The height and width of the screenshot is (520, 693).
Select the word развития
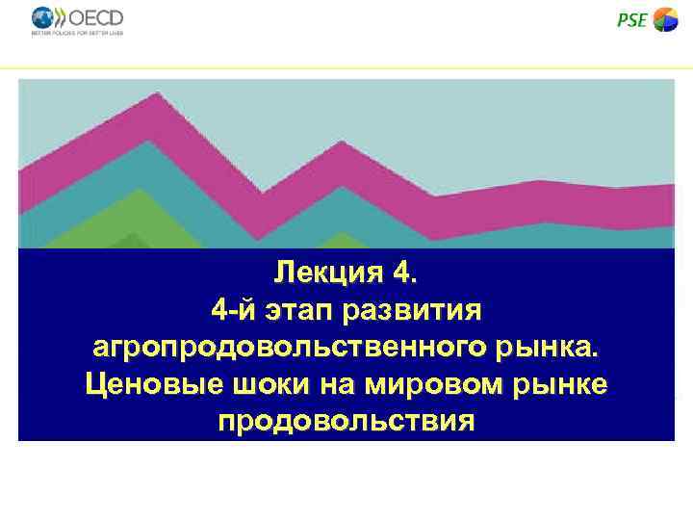point(421,310)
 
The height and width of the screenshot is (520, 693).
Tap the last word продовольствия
point(346,421)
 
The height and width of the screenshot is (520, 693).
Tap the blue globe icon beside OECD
point(44,17)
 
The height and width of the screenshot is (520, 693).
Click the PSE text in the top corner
point(631,19)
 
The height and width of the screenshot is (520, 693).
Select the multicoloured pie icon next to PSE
point(666,19)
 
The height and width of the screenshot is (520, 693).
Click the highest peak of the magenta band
point(157,93)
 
